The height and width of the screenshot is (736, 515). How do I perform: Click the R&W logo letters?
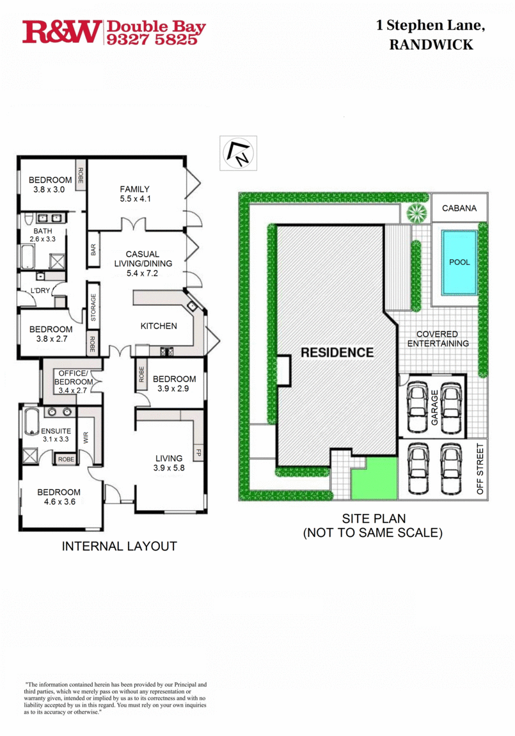[x=61, y=32]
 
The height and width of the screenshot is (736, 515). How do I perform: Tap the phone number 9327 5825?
[x=156, y=40]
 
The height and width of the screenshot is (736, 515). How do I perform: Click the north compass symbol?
[x=238, y=153]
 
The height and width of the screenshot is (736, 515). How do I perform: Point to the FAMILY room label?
[x=134, y=189]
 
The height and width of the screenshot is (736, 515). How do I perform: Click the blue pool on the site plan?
[x=459, y=262]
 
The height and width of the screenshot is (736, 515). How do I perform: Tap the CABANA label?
[x=459, y=208]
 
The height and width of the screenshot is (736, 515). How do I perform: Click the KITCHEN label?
[x=159, y=326]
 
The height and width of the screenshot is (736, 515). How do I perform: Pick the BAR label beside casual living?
[x=93, y=250]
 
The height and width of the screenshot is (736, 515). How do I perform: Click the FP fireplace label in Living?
[x=198, y=453]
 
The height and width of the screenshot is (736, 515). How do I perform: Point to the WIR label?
[x=86, y=438]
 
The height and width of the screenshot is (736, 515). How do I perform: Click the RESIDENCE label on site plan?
[x=337, y=352]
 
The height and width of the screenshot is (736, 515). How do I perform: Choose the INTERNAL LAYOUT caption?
[x=119, y=546]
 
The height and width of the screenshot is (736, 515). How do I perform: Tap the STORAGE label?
[x=93, y=307]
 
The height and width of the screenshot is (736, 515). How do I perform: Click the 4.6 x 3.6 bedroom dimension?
[x=59, y=502]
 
